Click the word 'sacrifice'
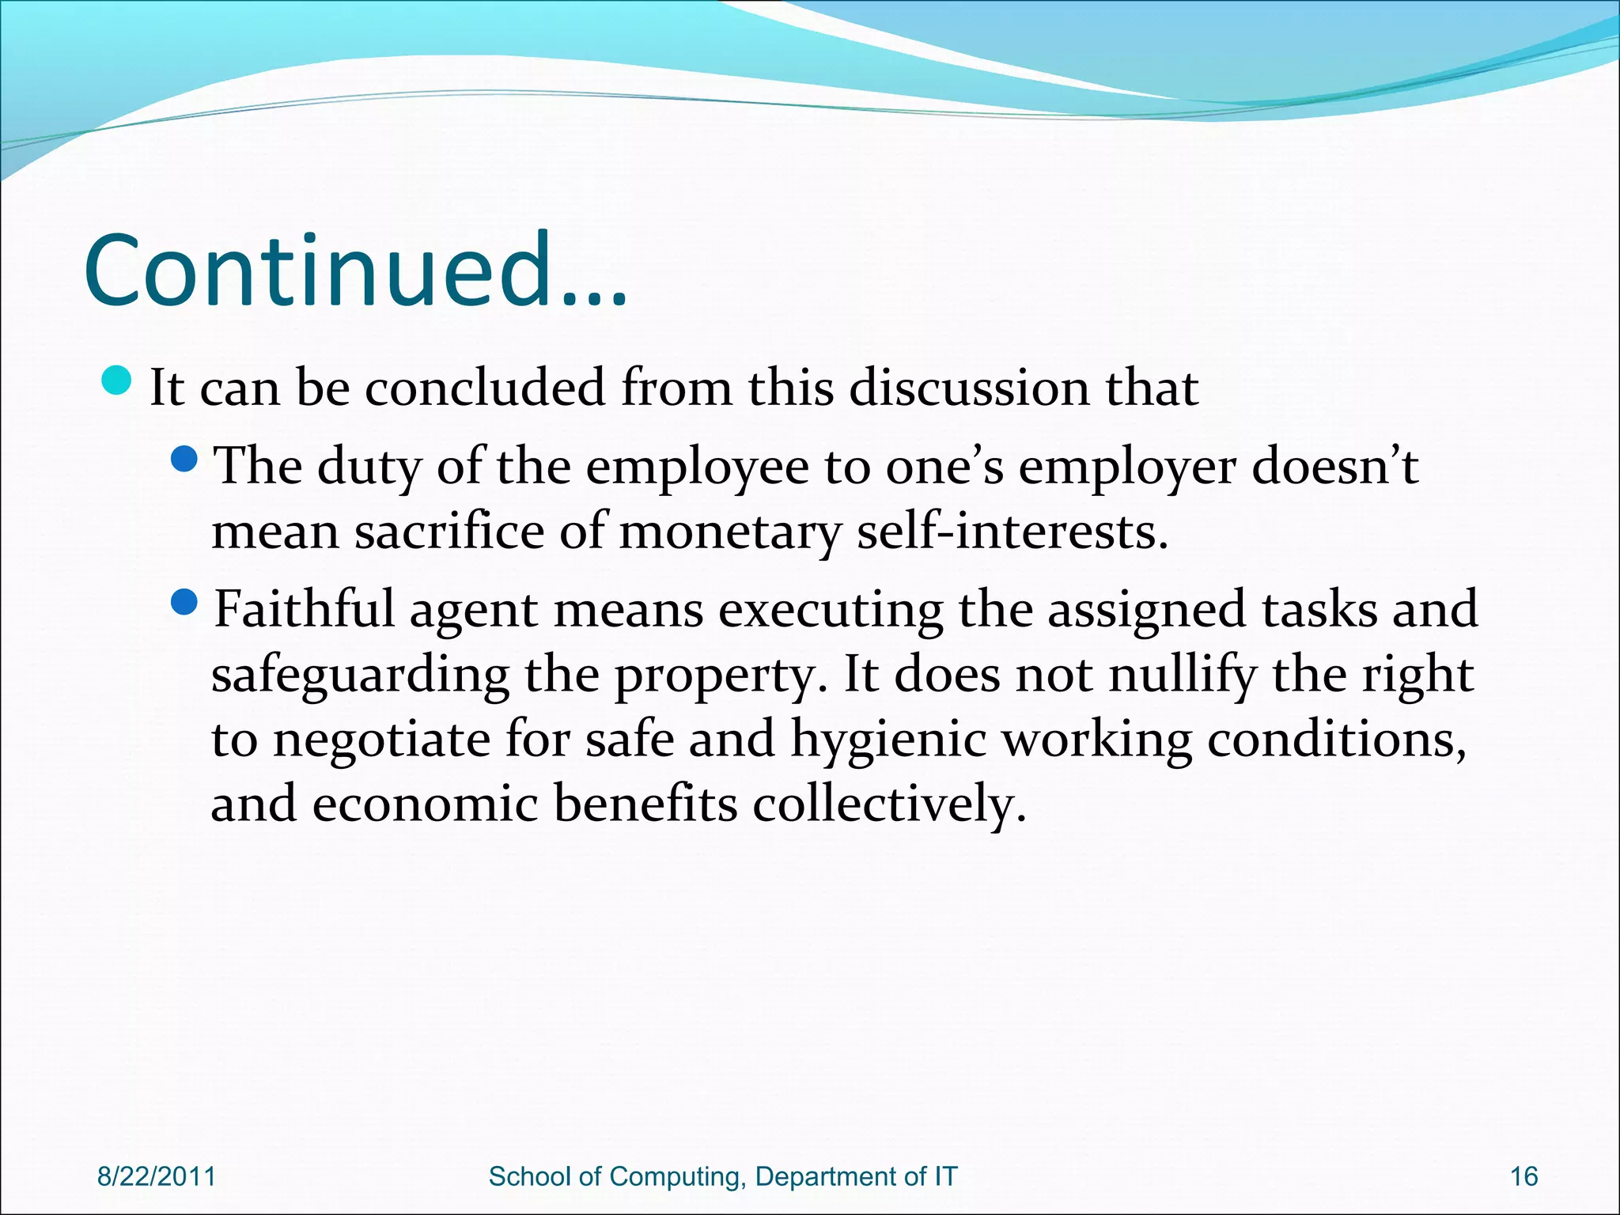click(x=449, y=532)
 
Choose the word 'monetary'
click(x=729, y=533)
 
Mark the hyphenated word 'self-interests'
click(x=1012, y=532)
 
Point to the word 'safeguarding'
click(x=360, y=676)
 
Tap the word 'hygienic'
click(x=888, y=741)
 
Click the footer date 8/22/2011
click(x=157, y=1176)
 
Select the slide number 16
click(x=1523, y=1176)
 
